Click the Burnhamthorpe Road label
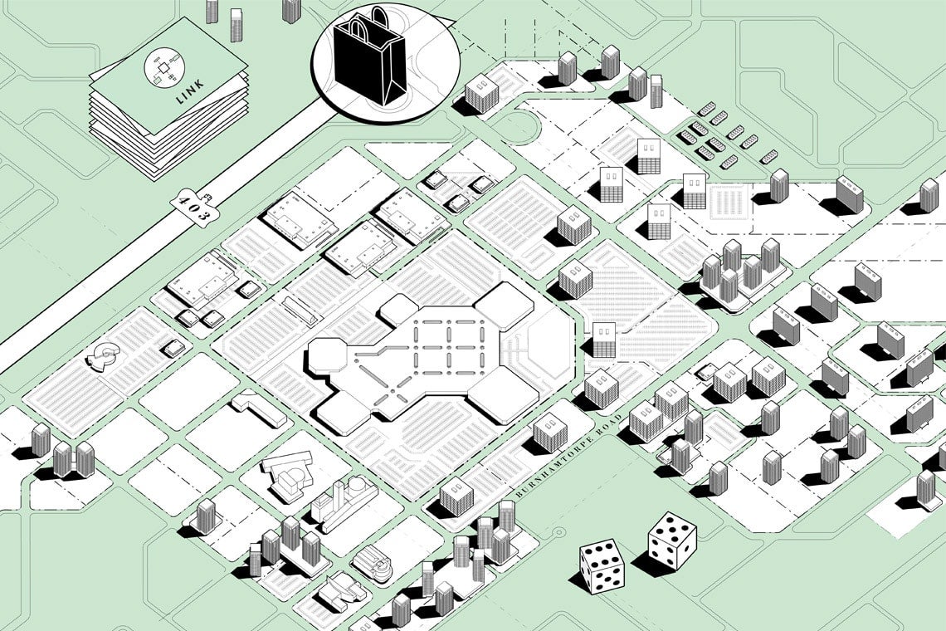(x=568, y=456)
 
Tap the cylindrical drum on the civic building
(x=358, y=483)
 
